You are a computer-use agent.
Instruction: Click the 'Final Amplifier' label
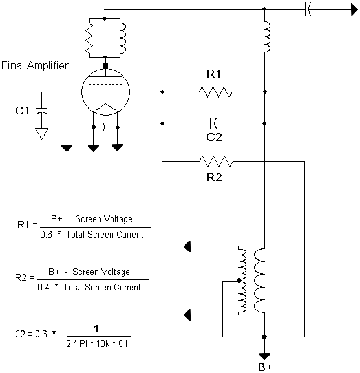pyautogui.click(x=35, y=65)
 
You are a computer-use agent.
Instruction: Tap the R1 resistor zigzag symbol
pyautogui.click(x=215, y=92)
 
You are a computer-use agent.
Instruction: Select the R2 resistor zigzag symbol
pyautogui.click(x=216, y=162)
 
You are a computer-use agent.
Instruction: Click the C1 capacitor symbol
pyautogui.click(x=41, y=111)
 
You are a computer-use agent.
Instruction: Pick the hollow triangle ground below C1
pyautogui.click(x=41, y=134)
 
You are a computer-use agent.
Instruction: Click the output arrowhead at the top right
pyautogui.click(x=354, y=10)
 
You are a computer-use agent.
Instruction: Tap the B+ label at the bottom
pyautogui.click(x=266, y=367)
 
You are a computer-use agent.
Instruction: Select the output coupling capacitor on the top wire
pyautogui.click(x=308, y=10)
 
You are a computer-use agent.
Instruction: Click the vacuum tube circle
pyautogui.click(x=105, y=92)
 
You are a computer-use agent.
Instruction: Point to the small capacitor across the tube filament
pyautogui.click(x=105, y=127)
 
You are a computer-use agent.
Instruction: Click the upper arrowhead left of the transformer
pyautogui.click(x=187, y=246)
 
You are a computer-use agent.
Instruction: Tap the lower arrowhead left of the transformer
pyautogui.click(x=187, y=315)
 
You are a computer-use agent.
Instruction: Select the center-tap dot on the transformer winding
pyautogui.click(x=239, y=281)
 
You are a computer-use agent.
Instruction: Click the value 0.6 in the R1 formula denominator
pyautogui.click(x=46, y=235)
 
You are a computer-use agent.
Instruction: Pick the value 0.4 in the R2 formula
pyautogui.click(x=43, y=287)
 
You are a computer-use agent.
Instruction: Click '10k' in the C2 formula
pyautogui.click(x=103, y=344)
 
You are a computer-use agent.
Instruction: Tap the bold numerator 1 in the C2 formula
pyautogui.click(x=96, y=328)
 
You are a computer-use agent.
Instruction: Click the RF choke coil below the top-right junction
pyautogui.click(x=267, y=37)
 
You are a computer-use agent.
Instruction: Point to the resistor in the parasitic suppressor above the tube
pyautogui.click(x=89, y=37)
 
